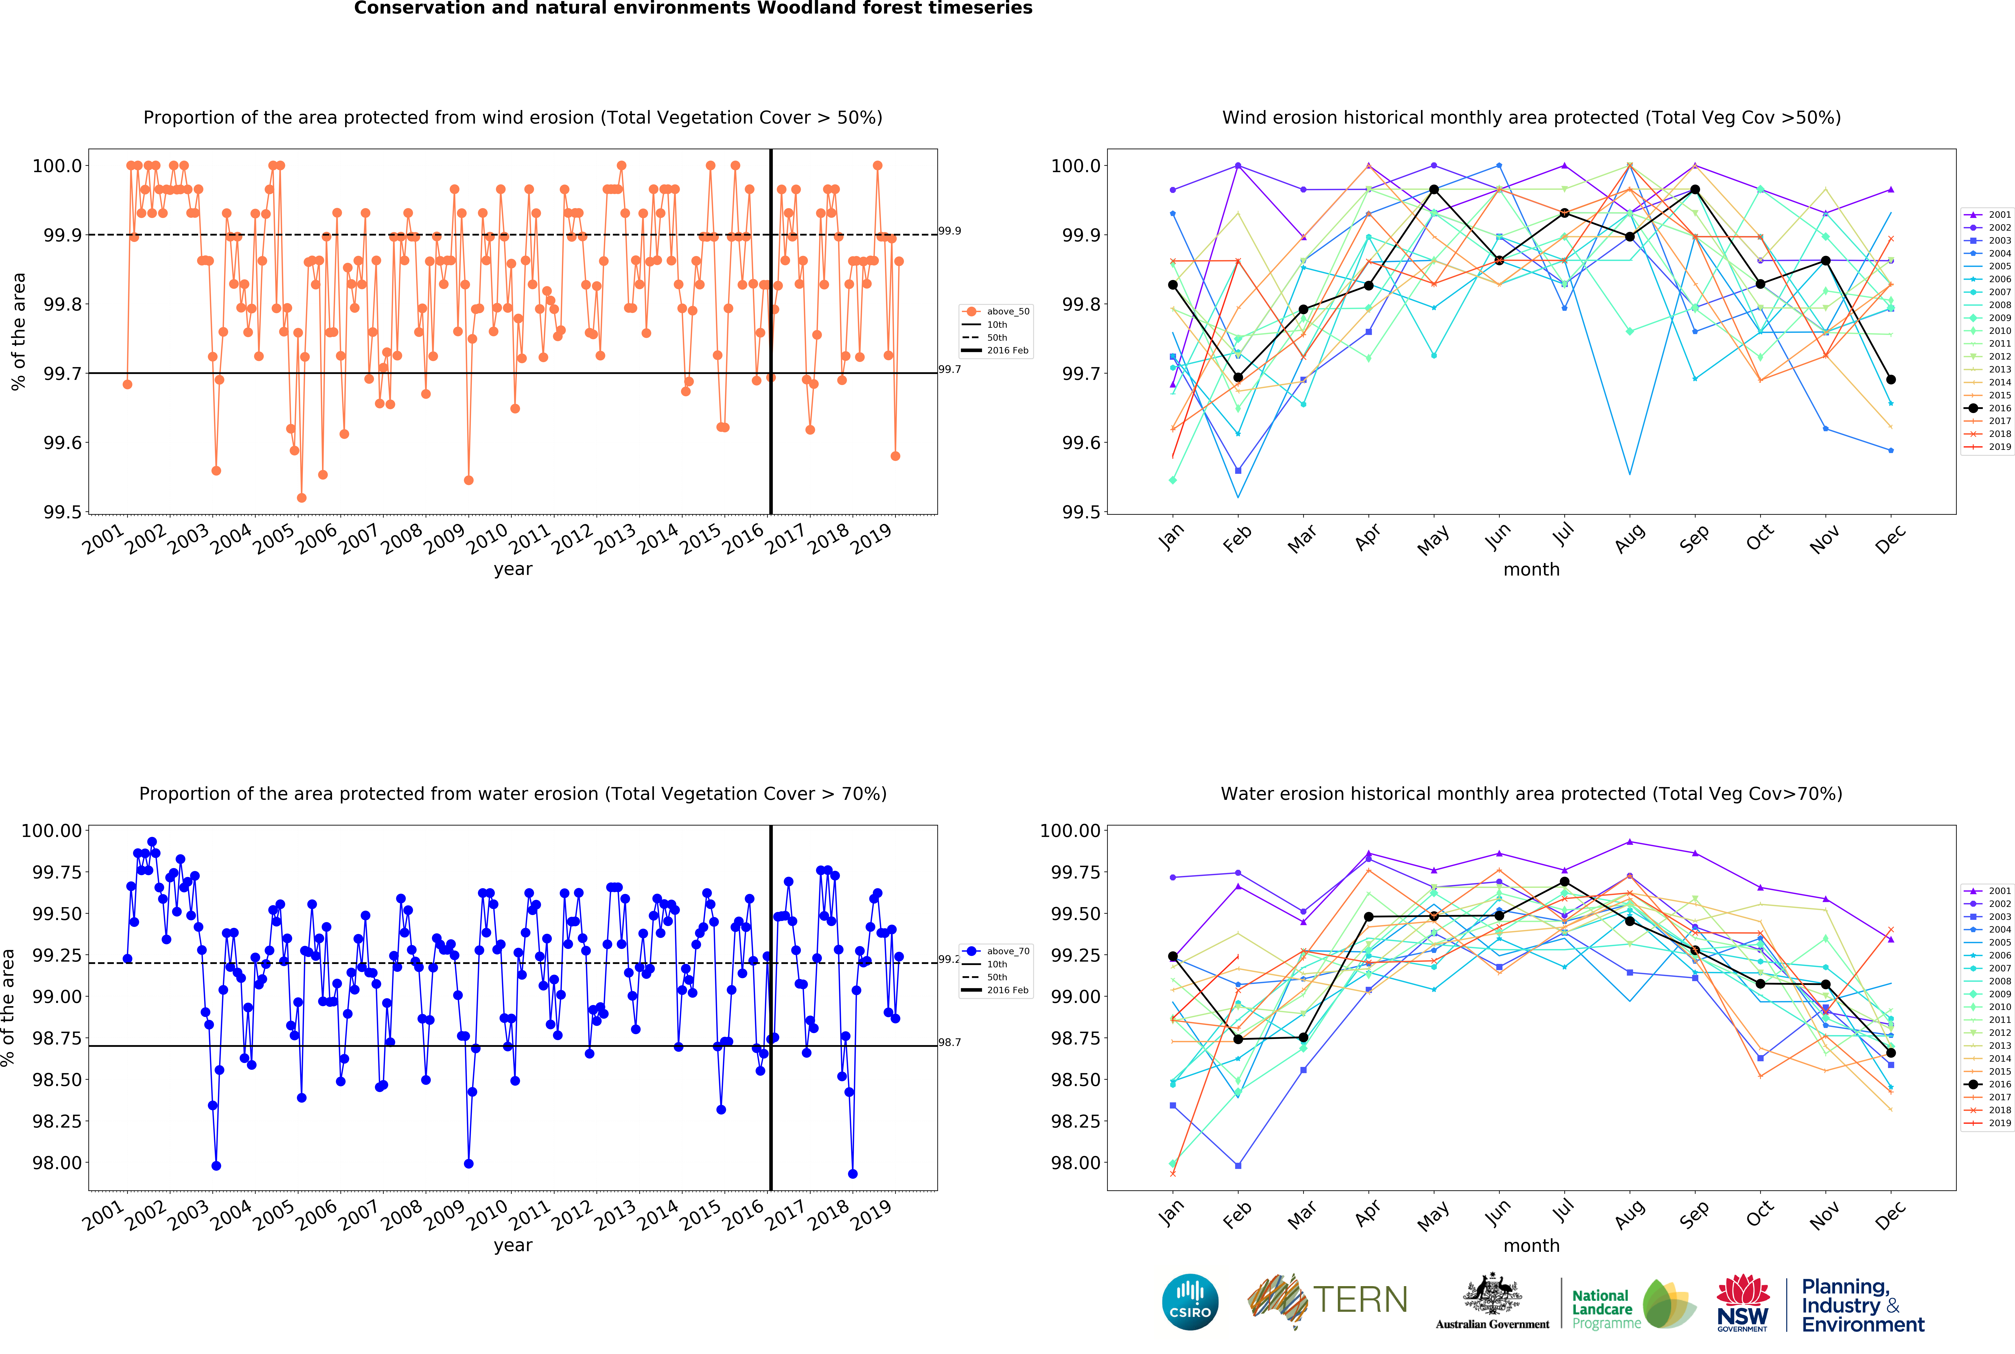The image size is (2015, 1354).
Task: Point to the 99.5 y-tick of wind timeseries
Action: coord(62,512)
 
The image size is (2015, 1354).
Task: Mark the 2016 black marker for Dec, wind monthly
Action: coord(1891,379)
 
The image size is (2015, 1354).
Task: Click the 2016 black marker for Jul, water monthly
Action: coord(1564,882)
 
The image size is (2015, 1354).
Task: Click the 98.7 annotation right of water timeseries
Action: coord(950,1042)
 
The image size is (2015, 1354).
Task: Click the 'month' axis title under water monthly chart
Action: coord(1531,1245)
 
